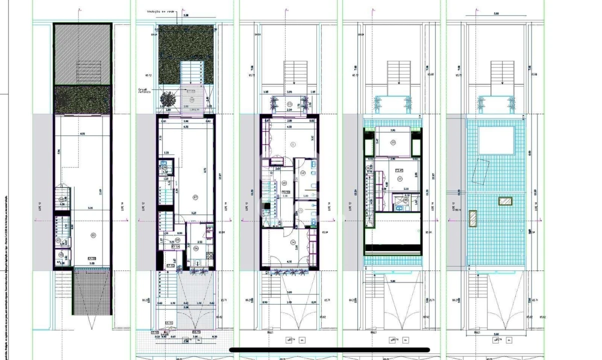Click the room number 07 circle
point(196,197)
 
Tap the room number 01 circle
point(93,234)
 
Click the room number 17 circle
point(400,178)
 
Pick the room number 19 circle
point(393,142)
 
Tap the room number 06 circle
point(196,248)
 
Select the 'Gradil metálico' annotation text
point(146,91)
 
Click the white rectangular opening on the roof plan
point(496,140)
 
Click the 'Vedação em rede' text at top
point(160,10)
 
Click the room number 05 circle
point(164,240)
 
